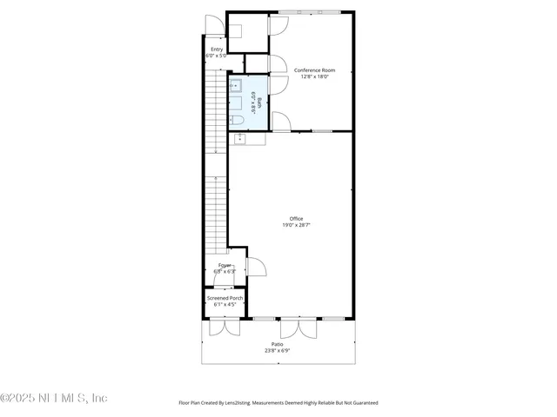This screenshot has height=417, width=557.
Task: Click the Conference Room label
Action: click(x=314, y=69)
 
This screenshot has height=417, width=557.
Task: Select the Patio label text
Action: click(x=278, y=344)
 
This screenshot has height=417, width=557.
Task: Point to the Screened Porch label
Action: click(x=225, y=298)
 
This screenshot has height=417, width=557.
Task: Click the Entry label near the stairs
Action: click(x=216, y=50)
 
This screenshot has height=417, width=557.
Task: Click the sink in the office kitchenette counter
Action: click(x=238, y=139)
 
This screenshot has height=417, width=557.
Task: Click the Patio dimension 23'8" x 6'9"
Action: click(x=278, y=351)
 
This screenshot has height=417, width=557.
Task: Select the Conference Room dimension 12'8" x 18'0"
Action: click(x=314, y=76)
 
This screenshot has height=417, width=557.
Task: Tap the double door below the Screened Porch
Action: click(x=224, y=327)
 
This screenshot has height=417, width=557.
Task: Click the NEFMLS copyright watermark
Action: click(x=54, y=398)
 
